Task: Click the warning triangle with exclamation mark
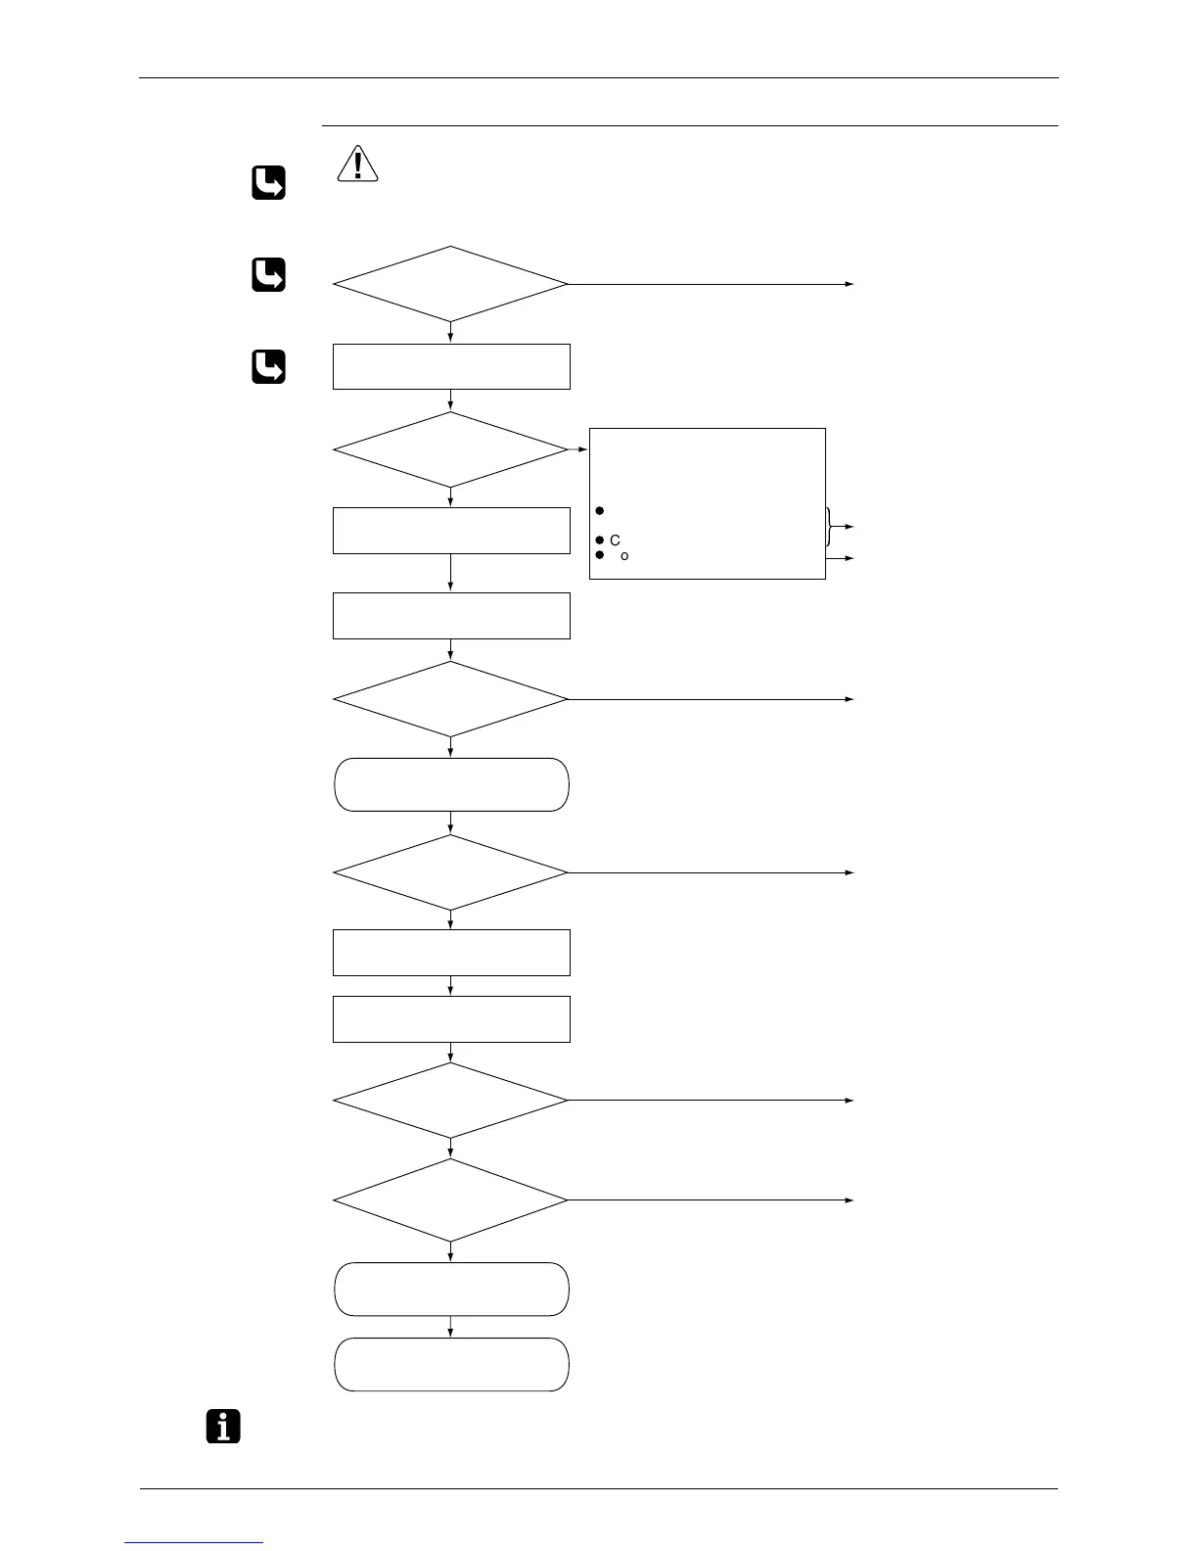point(358,164)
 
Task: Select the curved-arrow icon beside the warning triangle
point(268,183)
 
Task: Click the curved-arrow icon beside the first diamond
point(268,274)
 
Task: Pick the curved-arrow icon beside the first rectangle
point(268,366)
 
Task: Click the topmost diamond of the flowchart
point(450,284)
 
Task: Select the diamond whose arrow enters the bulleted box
point(450,449)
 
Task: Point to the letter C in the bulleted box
point(615,540)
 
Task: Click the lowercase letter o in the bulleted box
point(624,556)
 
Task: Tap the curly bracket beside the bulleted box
point(830,527)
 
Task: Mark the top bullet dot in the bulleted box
point(599,510)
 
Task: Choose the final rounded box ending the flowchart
point(451,1364)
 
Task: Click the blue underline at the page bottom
point(195,1543)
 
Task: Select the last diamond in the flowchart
point(450,1199)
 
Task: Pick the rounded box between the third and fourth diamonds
point(451,784)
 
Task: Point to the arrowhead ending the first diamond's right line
point(850,284)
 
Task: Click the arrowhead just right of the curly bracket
point(850,527)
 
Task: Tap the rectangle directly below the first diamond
point(451,366)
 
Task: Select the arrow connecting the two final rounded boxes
point(450,1327)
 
